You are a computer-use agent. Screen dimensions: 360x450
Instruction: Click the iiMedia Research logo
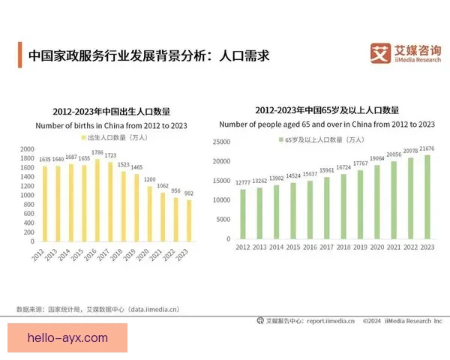(405, 53)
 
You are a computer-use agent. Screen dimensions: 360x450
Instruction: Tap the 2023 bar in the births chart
(188, 220)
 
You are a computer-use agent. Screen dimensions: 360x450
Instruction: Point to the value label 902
(188, 193)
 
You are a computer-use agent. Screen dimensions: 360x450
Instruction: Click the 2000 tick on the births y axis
(28, 149)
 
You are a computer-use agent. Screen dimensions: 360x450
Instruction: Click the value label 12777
(242, 183)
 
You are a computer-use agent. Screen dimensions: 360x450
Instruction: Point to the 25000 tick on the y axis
(220, 141)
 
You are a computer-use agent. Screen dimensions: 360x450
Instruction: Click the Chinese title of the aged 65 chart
(326, 109)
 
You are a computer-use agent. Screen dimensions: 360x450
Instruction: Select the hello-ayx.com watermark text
(67, 338)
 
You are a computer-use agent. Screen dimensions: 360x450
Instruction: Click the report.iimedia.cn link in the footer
(329, 321)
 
